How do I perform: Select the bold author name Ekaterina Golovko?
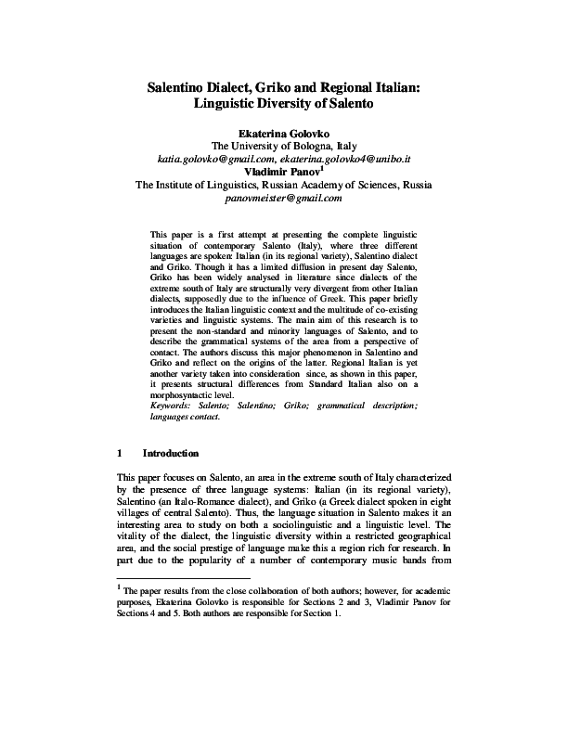pos(284,133)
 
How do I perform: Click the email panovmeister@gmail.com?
pos(284,198)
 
